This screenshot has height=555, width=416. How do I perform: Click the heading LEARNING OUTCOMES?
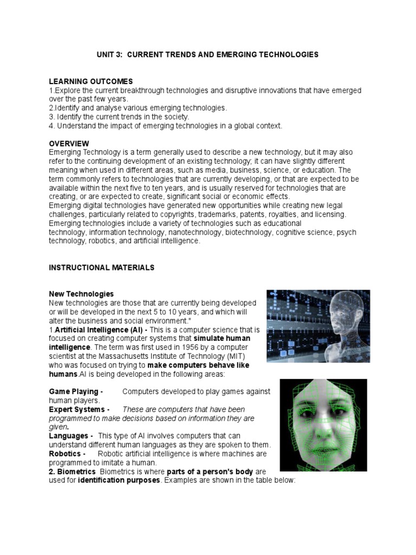coord(90,81)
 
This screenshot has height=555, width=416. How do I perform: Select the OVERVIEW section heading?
coord(69,143)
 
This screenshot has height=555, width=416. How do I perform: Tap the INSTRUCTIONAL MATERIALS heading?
coord(102,267)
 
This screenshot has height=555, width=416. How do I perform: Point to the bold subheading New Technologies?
coord(81,294)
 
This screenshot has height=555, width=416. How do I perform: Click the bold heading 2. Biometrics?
coord(73,471)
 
